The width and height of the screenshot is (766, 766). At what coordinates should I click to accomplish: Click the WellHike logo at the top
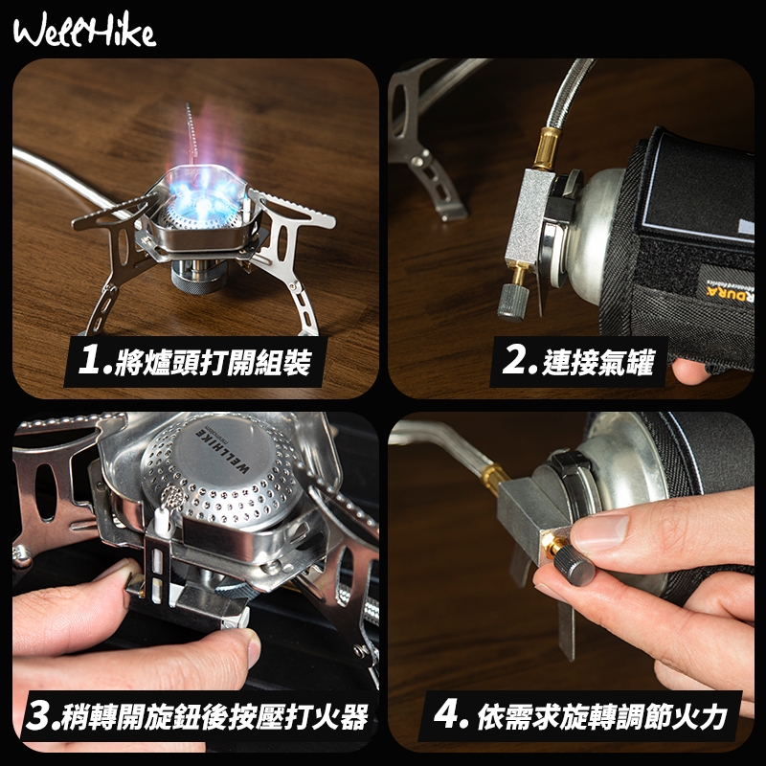point(85,31)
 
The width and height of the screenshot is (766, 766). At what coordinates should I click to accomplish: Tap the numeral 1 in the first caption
point(90,360)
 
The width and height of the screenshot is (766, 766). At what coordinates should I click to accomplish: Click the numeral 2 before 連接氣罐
point(514,360)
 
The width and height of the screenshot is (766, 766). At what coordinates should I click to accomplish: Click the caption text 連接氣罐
point(597,362)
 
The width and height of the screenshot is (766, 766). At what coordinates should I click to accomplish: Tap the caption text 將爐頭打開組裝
point(213,362)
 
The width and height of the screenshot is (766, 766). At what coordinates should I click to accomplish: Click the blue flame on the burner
point(205,191)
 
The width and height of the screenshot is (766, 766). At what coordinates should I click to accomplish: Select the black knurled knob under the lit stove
point(198,281)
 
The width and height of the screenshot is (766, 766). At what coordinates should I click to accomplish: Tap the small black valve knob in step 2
point(513,302)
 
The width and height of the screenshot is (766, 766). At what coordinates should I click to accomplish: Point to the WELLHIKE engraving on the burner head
point(222,449)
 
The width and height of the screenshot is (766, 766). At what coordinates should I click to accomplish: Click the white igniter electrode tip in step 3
point(161,520)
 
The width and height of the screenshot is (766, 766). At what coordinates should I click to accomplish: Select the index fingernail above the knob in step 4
point(599,531)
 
